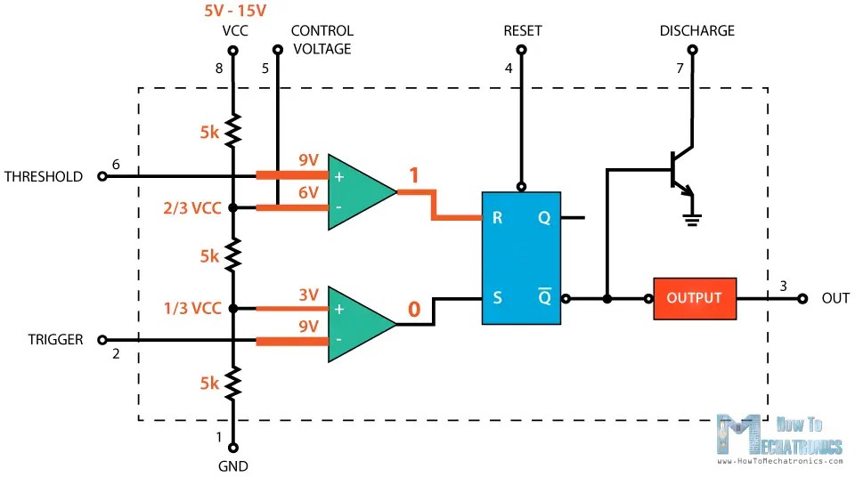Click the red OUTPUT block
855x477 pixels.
[694, 298]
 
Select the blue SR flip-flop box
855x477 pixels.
[521, 258]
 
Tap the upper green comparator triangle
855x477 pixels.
[356, 191]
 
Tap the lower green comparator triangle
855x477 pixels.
[356, 324]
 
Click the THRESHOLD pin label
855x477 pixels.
[44, 176]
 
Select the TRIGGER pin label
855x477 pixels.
[55, 339]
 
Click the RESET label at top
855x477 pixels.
[522, 30]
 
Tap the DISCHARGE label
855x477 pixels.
[696, 30]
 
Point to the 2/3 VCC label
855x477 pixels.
[192, 208]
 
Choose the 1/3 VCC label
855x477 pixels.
[192, 309]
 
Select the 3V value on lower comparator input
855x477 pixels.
[308, 295]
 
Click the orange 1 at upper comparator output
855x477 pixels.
[413, 176]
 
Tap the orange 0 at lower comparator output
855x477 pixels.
[413, 310]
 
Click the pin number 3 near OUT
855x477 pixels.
[783, 286]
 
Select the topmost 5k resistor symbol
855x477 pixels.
[232, 133]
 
